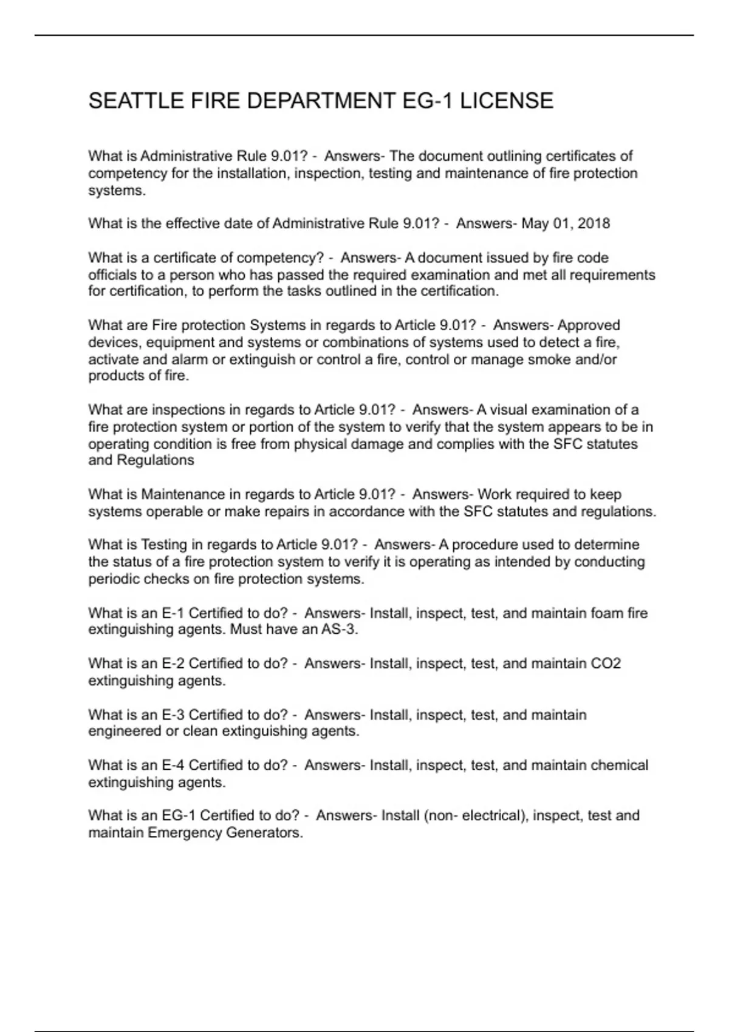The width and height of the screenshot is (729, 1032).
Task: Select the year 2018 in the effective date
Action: coord(594,223)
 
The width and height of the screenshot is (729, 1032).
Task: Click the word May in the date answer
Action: coord(535,223)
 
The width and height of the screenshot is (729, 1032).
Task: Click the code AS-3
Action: coord(338,630)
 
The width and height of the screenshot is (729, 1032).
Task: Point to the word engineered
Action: coord(125,732)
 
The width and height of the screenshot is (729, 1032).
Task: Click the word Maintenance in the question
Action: coord(183,495)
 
